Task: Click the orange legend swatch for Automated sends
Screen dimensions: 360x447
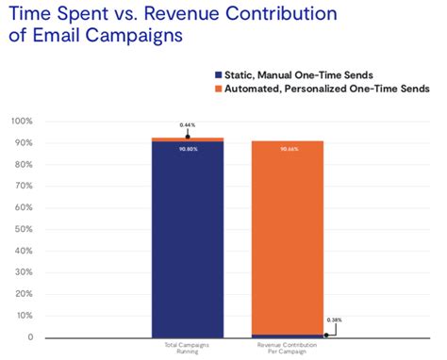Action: (219, 88)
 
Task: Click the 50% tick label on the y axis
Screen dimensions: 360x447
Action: (24, 229)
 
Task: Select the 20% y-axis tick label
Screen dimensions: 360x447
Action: (24, 294)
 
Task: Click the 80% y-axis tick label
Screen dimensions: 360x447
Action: (24, 165)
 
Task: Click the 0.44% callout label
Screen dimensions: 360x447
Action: (188, 125)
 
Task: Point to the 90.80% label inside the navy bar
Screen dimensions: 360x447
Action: (188, 148)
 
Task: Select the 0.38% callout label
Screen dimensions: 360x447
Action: (335, 320)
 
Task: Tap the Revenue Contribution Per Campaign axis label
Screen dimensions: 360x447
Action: (287, 349)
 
